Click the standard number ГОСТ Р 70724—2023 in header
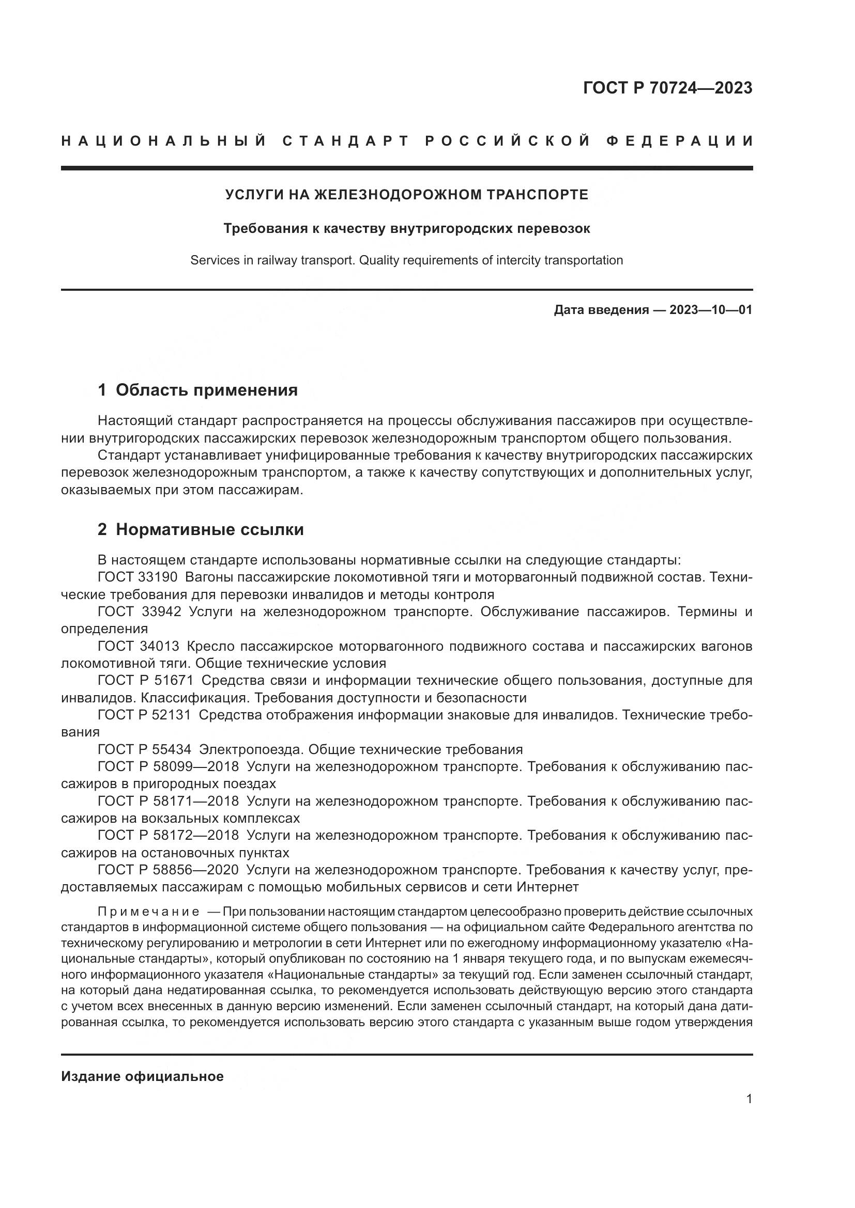click(667, 88)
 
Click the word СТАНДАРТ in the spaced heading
click(346, 141)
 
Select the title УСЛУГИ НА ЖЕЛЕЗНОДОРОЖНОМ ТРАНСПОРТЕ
click(406, 195)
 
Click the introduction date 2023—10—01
click(711, 310)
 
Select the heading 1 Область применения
click(198, 390)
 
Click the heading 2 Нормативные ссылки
click(201, 529)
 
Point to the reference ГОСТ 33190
click(138, 577)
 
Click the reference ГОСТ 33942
click(139, 611)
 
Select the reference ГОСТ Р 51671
click(145, 680)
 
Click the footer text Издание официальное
click(142, 1076)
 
